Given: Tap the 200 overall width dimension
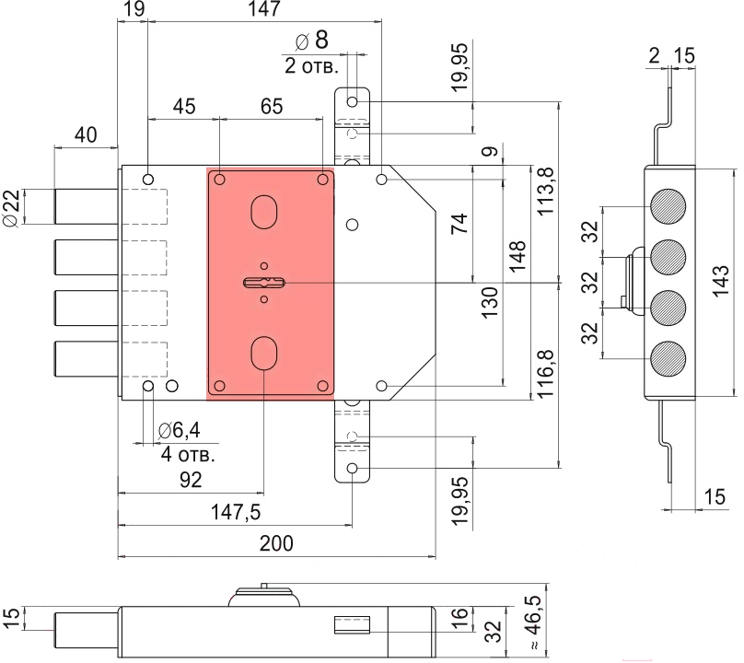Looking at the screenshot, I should (x=276, y=543).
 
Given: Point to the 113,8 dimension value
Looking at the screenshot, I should (x=546, y=191).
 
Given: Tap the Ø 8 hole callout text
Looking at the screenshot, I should (x=310, y=41).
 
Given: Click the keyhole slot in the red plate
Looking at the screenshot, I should (x=263, y=283).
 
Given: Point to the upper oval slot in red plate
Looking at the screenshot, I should (x=263, y=211).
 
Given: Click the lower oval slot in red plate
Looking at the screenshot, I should (x=263, y=353).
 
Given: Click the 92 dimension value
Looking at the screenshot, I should (x=191, y=480).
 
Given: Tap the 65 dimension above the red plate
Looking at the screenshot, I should (x=272, y=106).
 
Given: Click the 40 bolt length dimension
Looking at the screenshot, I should (x=86, y=135).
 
